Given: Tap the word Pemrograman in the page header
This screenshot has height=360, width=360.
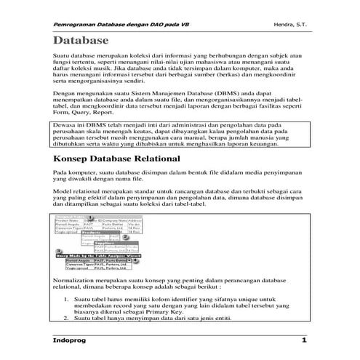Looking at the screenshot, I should (76, 25).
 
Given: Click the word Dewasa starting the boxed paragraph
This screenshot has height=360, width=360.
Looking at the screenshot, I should (66, 125).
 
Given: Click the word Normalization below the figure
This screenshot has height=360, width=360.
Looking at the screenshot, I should (76, 279).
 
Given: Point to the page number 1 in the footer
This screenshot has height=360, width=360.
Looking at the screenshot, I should (304, 340).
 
